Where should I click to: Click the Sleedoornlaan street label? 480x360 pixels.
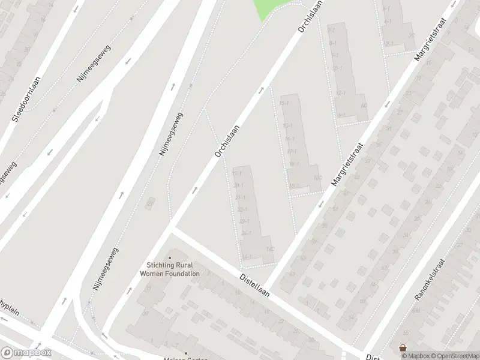point(25,100)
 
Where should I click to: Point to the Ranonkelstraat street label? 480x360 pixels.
point(429,280)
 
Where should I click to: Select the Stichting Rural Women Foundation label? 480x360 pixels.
point(170,269)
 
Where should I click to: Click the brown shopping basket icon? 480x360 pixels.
point(403,347)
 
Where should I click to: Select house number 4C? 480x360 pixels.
point(364,106)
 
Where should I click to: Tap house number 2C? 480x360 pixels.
point(411,35)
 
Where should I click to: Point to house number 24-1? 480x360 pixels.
point(245,233)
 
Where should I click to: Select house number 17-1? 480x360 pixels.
point(292,151)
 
